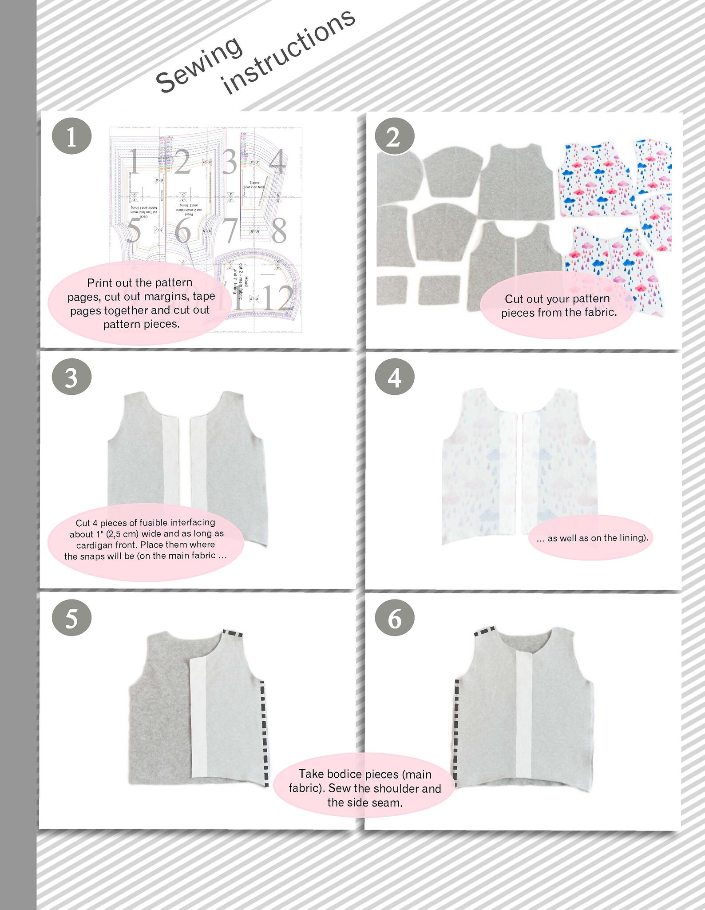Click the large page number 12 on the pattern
(278, 298)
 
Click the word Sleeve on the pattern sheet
(254, 183)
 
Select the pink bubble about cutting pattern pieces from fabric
(559, 306)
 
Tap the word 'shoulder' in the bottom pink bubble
(396, 788)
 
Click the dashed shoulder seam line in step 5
(232, 633)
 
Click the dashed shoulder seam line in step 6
(485, 631)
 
